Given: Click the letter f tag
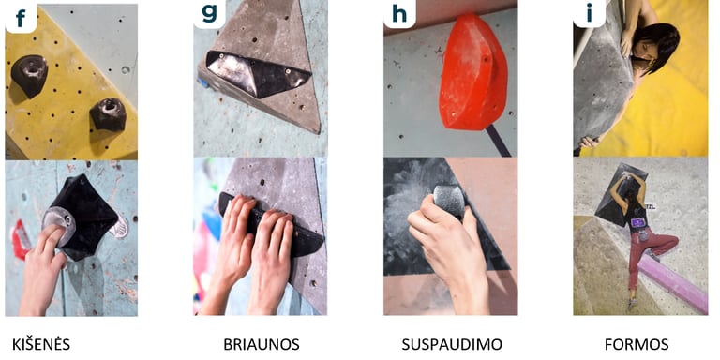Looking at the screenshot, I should pyautogui.click(x=20, y=17).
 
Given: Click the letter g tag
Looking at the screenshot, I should pyautogui.click(x=209, y=17).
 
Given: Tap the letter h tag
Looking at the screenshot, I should pyautogui.click(x=398, y=17).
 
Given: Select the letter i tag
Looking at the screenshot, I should pyautogui.click(x=587, y=17).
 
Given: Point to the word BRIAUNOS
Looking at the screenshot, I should pyautogui.click(x=261, y=344).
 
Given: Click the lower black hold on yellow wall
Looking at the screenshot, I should pyautogui.click(x=108, y=113).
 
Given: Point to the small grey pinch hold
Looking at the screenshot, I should pyautogui.click(x=449, y=201).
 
